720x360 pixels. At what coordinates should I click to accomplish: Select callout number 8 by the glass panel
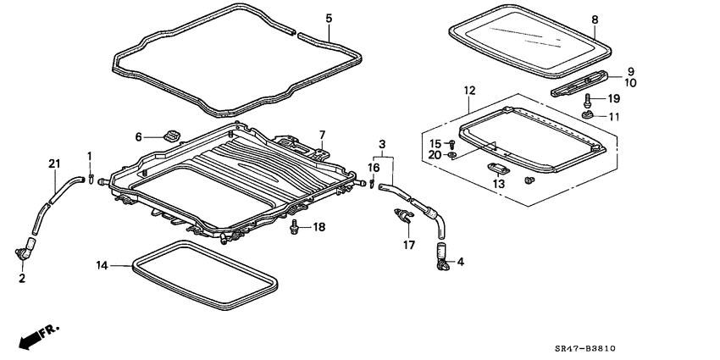tap(594, 19)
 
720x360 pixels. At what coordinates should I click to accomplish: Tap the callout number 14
tap(102, 265)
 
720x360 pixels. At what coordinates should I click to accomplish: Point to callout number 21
tap(55, 163)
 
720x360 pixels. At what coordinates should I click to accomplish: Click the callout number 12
tap(470, 91)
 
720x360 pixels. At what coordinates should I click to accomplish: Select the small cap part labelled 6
tap(172, 136)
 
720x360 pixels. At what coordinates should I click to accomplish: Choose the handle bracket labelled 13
tap(497, 168)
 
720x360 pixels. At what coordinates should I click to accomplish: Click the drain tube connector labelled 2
tap(26, 249)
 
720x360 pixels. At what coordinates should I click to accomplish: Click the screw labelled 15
tap(451, 145)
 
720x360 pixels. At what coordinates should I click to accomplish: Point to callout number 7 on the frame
tap(322, 135)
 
